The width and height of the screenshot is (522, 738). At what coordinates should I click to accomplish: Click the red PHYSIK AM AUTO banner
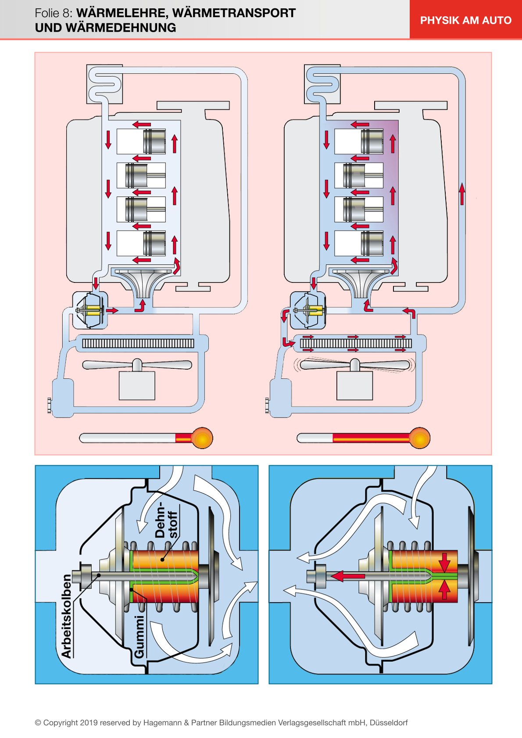[x=465, y=20]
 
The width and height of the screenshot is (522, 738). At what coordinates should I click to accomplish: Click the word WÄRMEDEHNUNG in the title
[x=105, y=28]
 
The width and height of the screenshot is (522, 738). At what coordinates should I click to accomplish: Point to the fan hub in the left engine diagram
[x=137, y=364]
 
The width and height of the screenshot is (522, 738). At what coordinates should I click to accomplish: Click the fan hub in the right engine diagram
[x=354, y=364]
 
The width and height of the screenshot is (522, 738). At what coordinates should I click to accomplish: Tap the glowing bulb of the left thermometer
[x=202, y=438]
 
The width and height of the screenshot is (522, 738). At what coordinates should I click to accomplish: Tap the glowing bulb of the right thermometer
[x=419, y=438]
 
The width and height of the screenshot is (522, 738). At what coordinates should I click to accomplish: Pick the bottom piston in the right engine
[x=371, y=243]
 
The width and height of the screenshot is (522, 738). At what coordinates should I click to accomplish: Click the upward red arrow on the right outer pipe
[x=461, y=194]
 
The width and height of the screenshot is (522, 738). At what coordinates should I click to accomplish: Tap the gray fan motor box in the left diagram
[x=137, y=385]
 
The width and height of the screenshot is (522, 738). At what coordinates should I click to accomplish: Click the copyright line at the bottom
[x=221, y=722]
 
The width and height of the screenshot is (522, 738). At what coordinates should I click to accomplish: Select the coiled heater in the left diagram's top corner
[x=104, y=84]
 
